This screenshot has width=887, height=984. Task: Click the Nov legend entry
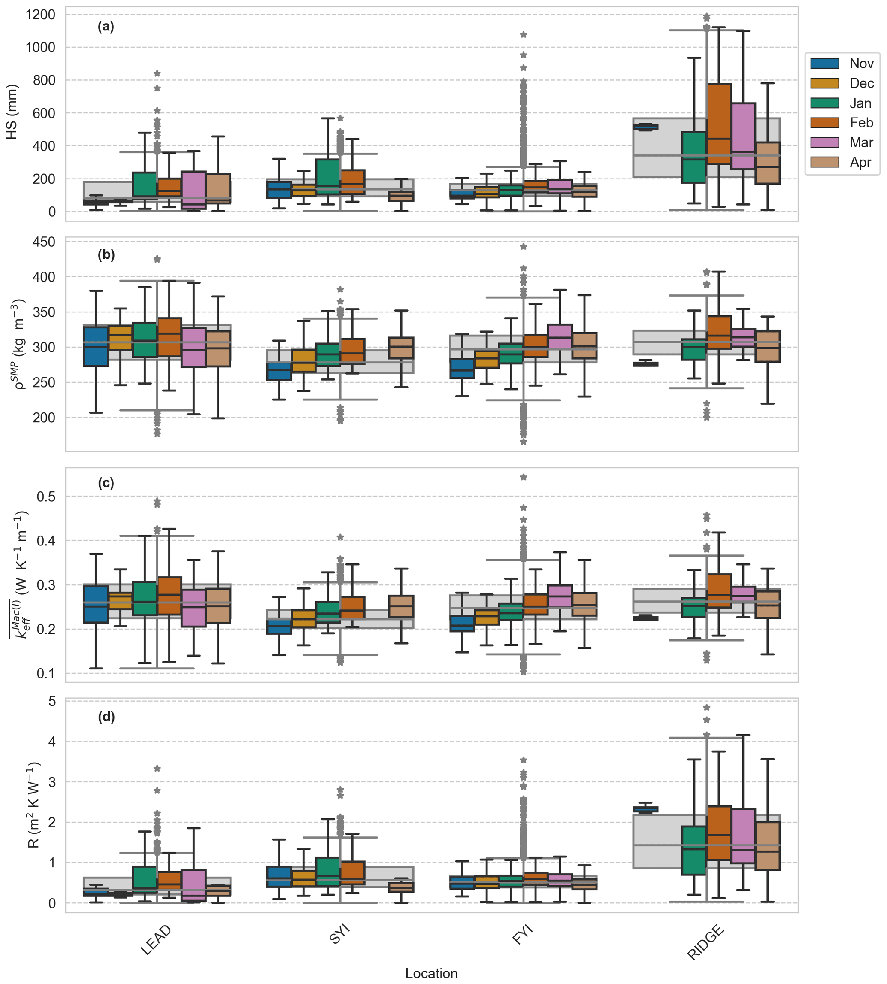pyautogui.click(x=861, y=64)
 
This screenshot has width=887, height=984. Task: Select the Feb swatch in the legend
pyautogui.click(x=825, y=123)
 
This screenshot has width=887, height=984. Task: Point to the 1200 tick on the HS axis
pyautogui.click(x=41, y=15)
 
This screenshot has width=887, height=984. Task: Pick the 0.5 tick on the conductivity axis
pyautogui.click(x=46, y=497)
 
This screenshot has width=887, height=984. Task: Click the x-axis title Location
pyautogui.click(x=431, y=973)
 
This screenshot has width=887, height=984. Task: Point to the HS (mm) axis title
pyautogui.click(x=12, y=112)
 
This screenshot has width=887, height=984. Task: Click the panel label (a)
pyautogui.click(x=106, y=27)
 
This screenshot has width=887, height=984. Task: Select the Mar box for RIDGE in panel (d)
pyautogui.click(x=743, y=836)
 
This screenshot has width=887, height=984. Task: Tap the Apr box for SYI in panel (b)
pyautogui.click(x=401, y=348)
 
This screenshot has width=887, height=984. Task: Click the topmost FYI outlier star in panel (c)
pyautogui.click(x=524, y=477)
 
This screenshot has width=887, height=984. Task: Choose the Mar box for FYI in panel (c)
pyautogui.click(x=560, y=596)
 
